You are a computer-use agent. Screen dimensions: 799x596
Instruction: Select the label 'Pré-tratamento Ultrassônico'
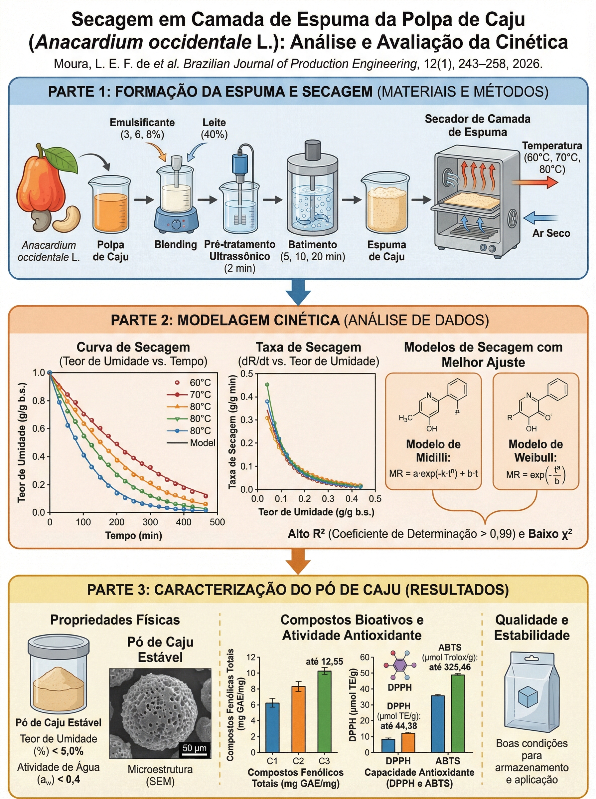click(239, 250)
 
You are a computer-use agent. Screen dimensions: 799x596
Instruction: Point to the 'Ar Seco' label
click(551, 233)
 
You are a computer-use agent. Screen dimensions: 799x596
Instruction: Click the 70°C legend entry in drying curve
click(200, 395)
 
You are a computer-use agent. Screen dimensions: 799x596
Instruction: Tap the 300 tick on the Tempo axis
click(150, 522)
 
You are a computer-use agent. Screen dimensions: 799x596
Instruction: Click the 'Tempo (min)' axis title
click(133, 535)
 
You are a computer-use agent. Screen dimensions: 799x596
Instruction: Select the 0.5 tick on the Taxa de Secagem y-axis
click(247, 374)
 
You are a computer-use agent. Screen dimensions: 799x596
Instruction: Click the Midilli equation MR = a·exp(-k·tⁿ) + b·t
click(433, 473)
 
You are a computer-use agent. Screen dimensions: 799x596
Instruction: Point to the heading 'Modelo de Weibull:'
click(535, 450)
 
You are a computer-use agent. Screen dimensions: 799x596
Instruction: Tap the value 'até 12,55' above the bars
click(324, 661)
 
